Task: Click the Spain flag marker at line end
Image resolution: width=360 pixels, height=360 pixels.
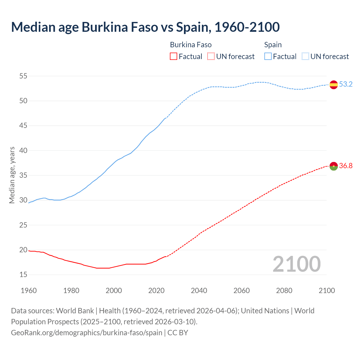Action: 334,84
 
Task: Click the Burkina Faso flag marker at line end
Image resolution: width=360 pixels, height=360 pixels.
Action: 334,166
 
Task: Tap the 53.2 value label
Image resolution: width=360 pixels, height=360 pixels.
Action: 346,84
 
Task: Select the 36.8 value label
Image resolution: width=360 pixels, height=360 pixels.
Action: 346,166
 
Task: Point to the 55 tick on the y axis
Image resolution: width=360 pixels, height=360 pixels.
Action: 23,76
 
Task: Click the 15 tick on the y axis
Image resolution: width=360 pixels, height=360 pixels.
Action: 23,274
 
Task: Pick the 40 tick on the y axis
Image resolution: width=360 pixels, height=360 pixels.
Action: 23,150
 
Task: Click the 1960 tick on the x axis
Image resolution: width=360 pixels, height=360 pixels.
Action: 29,291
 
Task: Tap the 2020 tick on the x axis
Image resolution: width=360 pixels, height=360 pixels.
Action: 156,291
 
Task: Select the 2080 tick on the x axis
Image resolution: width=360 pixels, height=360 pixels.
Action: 284,291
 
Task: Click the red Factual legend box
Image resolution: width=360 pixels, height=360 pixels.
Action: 174,57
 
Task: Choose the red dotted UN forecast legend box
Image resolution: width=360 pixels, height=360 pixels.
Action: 211,57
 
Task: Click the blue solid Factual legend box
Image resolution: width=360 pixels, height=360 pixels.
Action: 268,57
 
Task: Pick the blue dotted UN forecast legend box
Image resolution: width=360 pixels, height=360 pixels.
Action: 305,57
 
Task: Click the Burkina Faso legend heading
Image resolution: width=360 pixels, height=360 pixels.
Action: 191,45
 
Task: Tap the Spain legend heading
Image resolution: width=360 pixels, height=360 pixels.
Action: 273,45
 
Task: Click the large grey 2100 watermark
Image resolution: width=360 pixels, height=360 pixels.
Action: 297,264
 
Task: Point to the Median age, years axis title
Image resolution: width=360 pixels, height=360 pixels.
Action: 12,175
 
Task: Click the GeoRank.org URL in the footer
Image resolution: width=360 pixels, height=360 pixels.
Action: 87,333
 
